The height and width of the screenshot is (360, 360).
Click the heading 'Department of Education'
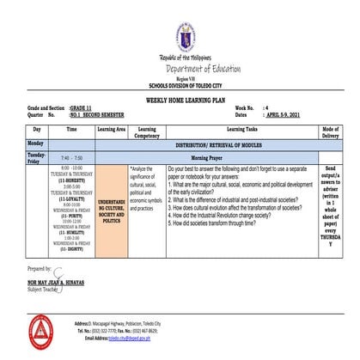pos(183,69)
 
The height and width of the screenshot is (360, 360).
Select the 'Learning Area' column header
pos(112,129)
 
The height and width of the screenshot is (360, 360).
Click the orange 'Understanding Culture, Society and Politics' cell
pos(112,207)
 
